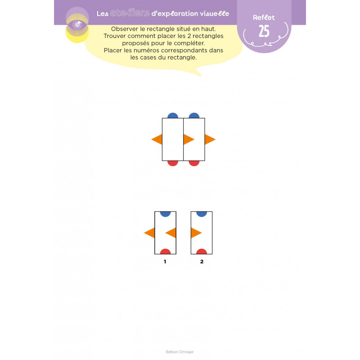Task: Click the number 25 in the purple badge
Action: [264, 31]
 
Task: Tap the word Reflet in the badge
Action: [264, 18]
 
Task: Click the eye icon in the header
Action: [77, 25]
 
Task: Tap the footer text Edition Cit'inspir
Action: [180, 352]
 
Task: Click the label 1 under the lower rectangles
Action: [165, 261]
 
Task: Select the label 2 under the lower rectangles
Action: [202, 261]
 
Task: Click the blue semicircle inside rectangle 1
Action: [165, 214]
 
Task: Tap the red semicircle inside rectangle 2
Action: [202, 252]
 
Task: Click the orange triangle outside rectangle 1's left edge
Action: [149, 233]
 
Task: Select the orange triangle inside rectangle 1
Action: [171, 233]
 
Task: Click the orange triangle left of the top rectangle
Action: [157, 139]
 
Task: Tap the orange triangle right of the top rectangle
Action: [210, 139]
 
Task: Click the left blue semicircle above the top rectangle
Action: [173, 116]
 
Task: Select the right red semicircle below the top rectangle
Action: [194, 163]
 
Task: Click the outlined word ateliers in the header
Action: [130, 13]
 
